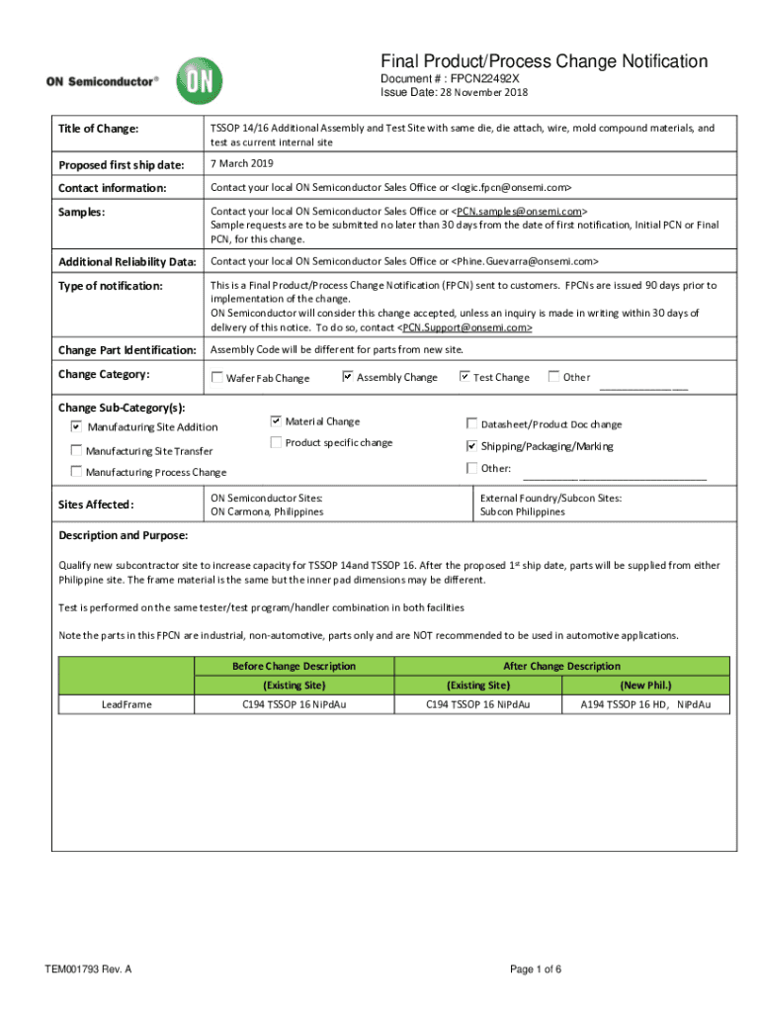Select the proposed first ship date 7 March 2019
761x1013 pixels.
click(x=242, y=163)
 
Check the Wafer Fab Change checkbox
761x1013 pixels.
click(x=217, y=377)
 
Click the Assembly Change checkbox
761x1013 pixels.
click(x=348, y=376)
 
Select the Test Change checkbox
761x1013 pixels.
click(x=465, y=376)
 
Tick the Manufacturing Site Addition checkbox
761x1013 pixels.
click(x=77, y=427)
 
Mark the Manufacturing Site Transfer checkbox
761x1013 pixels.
click(x=77, y=450)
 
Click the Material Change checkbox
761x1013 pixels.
click(x=277, y=421)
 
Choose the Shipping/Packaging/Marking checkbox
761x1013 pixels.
click(x=471, y=446)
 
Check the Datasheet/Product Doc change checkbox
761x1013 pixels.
click(x=471, y=423)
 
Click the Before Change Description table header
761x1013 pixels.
click(x=294, y=666)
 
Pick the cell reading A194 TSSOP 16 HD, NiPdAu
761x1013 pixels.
click(x=646, y=704)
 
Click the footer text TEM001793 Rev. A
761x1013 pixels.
click(x=88, y=969)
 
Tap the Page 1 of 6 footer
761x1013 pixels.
click(x=536, y=969)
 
